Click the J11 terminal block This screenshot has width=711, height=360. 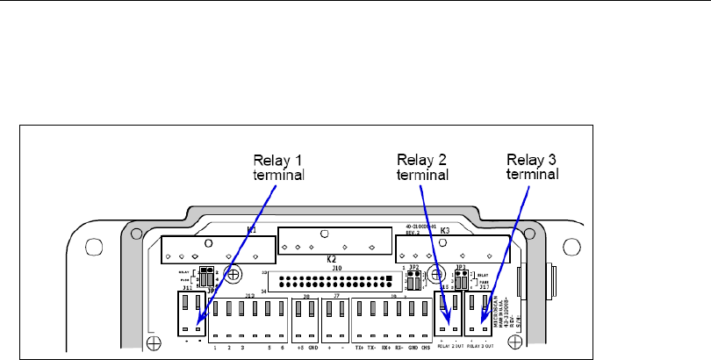click(x=192, y=312)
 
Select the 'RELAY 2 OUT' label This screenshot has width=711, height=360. click(x=453, y=347)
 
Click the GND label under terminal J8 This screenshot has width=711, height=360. click(x=312, y=347)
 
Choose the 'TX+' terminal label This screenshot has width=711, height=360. click(x=358, y=347)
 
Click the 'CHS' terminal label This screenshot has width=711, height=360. click(x=426, y=347)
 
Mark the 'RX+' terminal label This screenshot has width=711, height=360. click(x=385, y=347)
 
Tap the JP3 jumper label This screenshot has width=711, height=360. click(x=460, y=265)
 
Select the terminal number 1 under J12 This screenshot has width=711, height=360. click(x=215, y=347)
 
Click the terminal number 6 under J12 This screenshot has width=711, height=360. click(x=283, y=347)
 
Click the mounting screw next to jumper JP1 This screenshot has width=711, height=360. click(x=233, y=274)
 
